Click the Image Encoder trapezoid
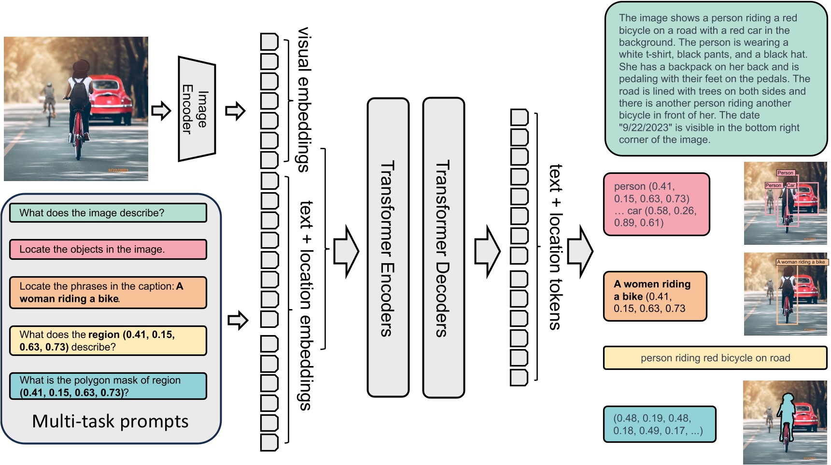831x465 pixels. (197, 109)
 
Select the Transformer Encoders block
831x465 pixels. (388, 248)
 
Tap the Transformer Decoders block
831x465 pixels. (443, 248)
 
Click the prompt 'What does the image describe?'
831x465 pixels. (108, 213)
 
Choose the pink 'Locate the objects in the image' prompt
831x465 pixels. (108, 250)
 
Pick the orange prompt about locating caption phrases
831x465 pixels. (108, 293)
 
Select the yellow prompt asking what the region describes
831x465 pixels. (108, 340)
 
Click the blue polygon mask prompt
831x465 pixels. (108, 386)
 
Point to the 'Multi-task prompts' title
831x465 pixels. (110, 422)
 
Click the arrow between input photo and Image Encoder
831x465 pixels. (161, 111)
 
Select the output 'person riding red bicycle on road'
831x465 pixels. (715, 358)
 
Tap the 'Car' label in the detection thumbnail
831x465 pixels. (790, 185)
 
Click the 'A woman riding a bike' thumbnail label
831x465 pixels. (801, 262)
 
